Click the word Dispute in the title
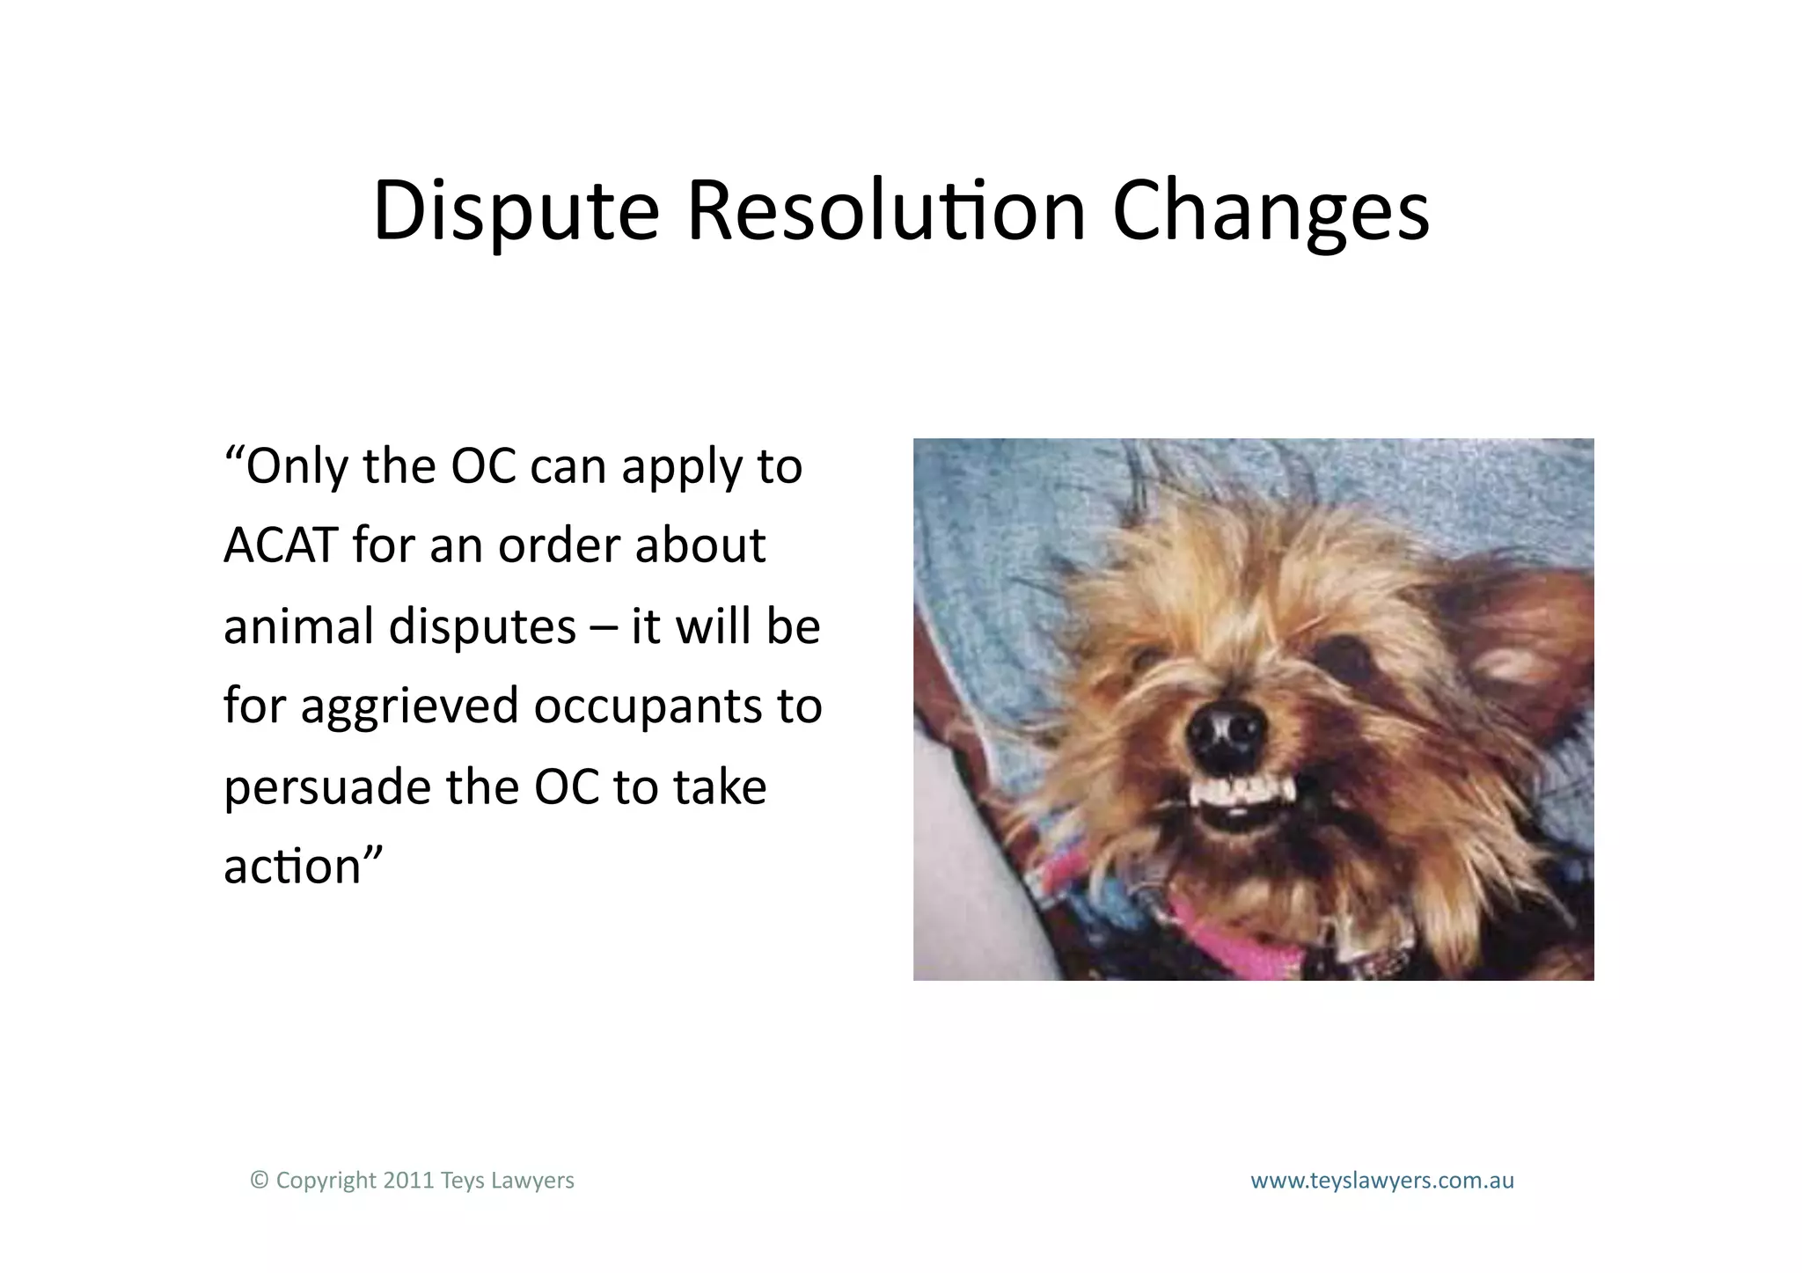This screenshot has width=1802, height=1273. pos(516,211)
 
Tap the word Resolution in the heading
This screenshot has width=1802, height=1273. pos(885,211)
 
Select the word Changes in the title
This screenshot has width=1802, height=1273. pos(1271,211)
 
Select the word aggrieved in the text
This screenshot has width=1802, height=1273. pos(409,707)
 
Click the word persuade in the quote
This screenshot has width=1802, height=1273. pos(326,787)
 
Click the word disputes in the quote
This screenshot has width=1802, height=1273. pos(482,627)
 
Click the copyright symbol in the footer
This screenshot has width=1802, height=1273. pos(259,1180)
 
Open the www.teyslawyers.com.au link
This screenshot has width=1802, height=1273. pos(1381,1181)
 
